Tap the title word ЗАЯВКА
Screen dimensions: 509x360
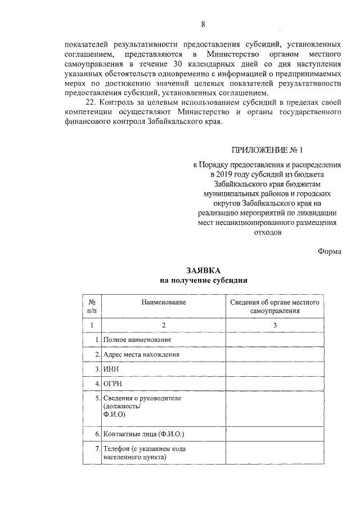(202, 269)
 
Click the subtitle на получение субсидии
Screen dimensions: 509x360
(202, 280)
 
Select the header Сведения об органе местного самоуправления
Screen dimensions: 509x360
(275, 306)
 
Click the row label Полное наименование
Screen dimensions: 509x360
(137, 340)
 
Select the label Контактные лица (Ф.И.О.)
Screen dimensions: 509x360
(143, 435)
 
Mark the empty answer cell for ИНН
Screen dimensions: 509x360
(275, 369)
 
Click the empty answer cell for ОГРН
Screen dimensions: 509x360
(275, 384)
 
